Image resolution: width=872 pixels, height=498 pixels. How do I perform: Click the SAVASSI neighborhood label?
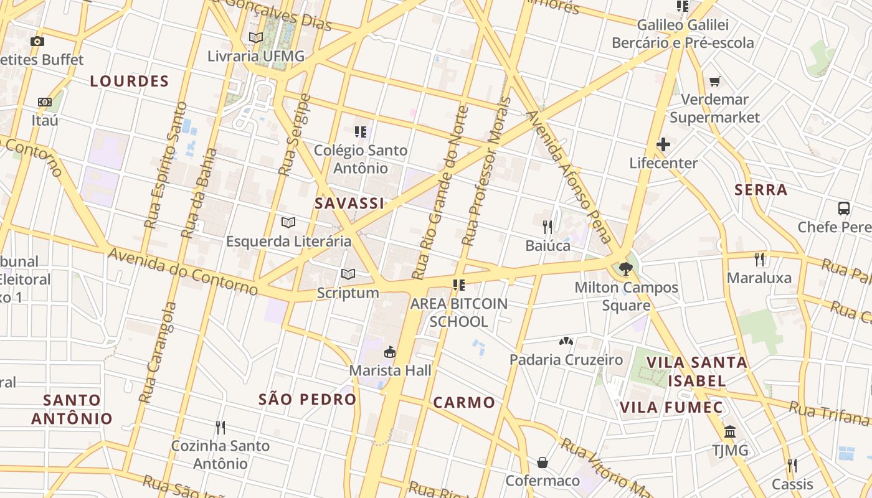pyautogui.click(x=349, y=204)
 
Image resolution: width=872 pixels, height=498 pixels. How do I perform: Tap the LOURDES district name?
pyautogui.click(x=130, y=81)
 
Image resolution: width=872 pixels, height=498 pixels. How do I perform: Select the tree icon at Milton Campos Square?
pyautogui.click(x=626, y=270)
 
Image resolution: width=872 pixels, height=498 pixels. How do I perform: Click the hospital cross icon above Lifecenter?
pyautogui.click(x=663, y=145)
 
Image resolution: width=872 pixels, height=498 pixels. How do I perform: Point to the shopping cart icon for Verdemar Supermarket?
pyautogui.click(x=715, y=82)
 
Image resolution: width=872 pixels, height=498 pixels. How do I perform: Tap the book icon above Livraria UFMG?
pyautogui.click(x=256, y=37)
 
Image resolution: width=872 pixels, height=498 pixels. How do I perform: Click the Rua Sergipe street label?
pyautogui.click(x=294, y=134)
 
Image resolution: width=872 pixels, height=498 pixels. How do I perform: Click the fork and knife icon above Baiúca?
pyautogui.click(x=547, y=227)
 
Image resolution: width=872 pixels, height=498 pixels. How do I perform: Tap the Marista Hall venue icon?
pyautogui.click(x=390, y=352)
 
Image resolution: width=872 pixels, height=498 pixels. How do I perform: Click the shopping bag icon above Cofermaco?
pyautogui.click(x=543, y=463)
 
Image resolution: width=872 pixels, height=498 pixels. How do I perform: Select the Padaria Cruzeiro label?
pyautogui.click(x=566, y=360)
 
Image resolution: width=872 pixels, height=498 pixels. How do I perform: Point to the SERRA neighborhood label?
pyautogui.click(x=761, y=190)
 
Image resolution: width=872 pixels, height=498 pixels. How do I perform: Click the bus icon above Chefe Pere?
pyautogui.click(x=844, y=209)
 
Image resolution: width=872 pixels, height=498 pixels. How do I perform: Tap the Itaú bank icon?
pyautogui.click(x=45, y=101)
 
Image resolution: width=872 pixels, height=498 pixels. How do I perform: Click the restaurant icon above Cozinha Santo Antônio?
pyautogui.click(x=220, y=428)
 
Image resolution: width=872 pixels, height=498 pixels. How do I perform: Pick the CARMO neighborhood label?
pyautogui.click(x=464, y=402)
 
